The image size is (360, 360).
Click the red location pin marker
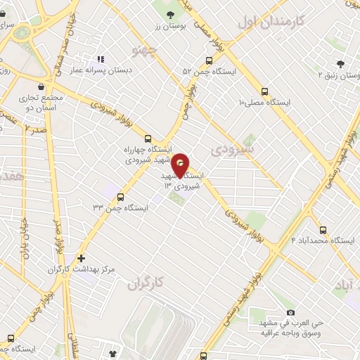coord(181,165)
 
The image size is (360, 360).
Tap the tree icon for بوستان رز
coord(170,14)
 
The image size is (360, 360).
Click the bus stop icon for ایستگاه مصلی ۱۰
coord(265,91)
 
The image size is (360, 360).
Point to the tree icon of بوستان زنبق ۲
coord(342,63)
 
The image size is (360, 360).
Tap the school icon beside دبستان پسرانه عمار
coord(101,60)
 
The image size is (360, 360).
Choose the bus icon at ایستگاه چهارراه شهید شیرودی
coord(148,139)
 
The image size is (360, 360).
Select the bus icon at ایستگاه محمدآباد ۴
coord(323,230)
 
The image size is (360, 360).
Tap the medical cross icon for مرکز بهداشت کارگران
coord(81,258)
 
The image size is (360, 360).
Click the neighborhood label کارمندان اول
coord(271,22)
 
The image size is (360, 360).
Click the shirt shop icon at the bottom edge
coord(112,354)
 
